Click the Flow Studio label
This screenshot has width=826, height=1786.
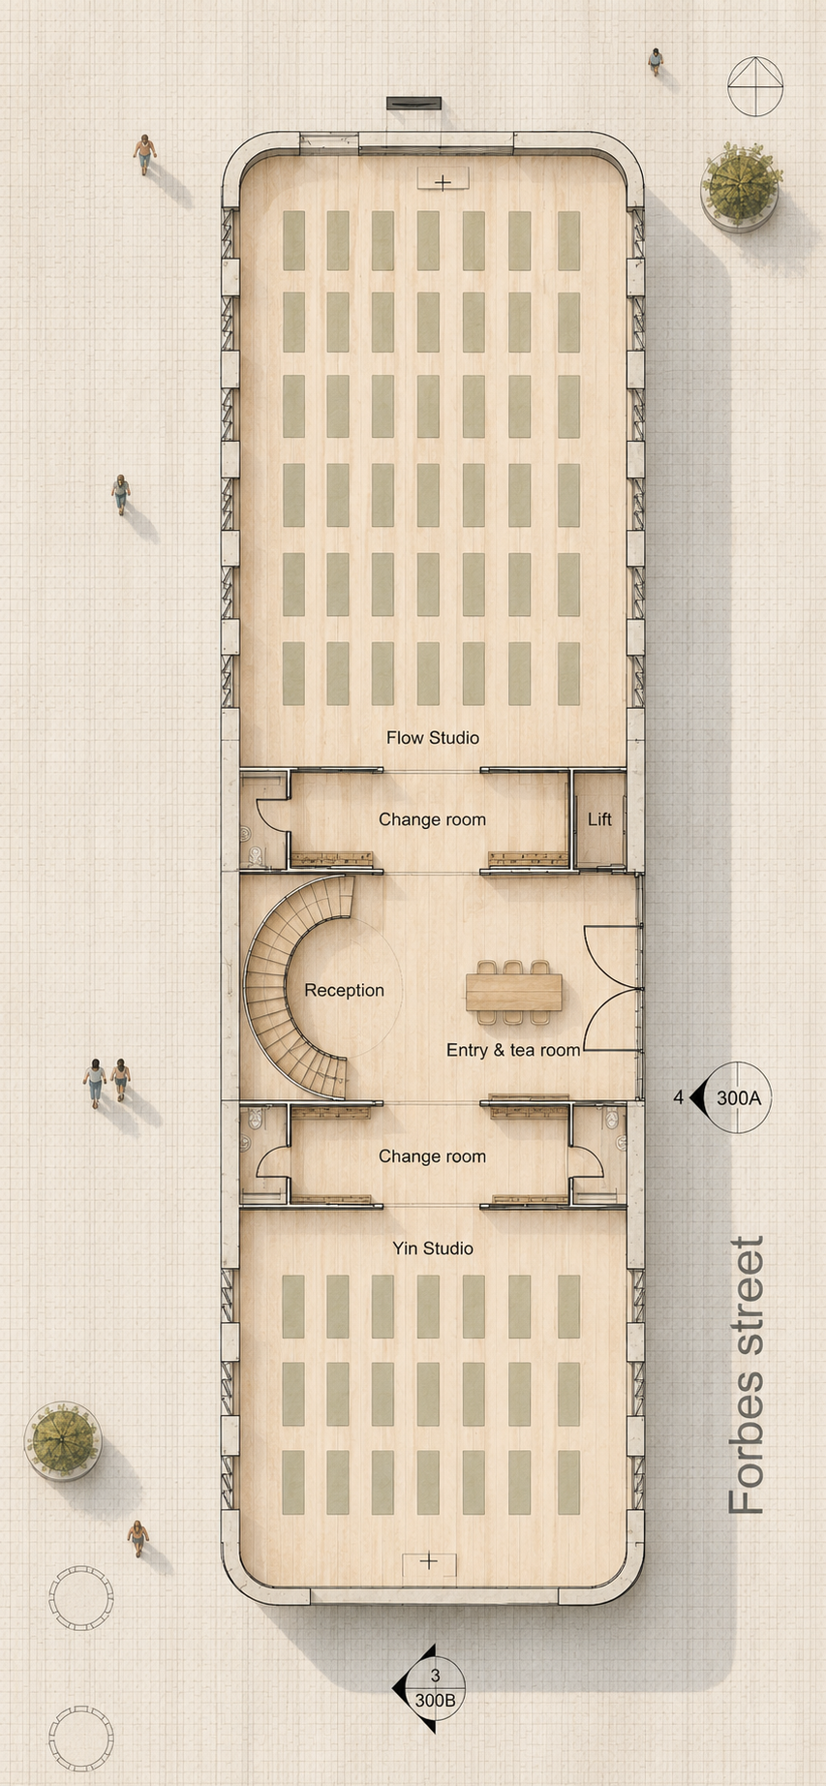pos(433,737)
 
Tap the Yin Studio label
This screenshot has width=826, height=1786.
pos(433,1248)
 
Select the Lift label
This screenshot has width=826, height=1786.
pos(599,819)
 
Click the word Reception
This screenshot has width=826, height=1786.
pos(344,990)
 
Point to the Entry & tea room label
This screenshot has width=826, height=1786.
pos(513,1050)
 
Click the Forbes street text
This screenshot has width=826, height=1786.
pos(747,1375)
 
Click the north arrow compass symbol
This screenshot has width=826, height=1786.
pos(755,86)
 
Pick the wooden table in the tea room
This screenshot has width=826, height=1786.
pos(513,993)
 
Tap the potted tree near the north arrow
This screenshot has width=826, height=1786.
pos(742,185)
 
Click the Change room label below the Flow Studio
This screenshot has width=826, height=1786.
pos(432,819)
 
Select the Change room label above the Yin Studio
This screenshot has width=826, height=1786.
pos(432,1156)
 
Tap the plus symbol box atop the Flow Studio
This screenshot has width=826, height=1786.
pos(443,179)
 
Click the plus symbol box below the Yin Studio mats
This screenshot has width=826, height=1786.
pos(429,1561)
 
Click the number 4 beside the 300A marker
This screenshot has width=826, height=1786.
pos(679,1097)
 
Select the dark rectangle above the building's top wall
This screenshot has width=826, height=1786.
pos(414,103)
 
